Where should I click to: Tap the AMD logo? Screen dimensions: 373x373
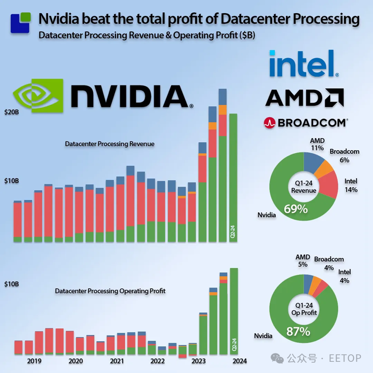[304, 97]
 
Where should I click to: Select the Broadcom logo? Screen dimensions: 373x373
[305, 123]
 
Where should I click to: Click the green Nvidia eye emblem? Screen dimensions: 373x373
[38, 96]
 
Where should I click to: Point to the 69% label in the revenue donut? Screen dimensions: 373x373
[296, 208]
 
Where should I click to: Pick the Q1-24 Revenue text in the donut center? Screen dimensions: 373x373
[303, 187]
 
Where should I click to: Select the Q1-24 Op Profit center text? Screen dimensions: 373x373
[304, 309]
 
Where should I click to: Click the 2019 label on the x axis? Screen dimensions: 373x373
[34, 361]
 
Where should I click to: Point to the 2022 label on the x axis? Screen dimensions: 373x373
[157, 361]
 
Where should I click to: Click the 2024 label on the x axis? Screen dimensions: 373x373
[240, 361]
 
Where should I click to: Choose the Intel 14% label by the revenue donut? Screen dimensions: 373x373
[351, 185]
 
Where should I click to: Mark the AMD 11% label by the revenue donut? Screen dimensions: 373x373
[317, 144]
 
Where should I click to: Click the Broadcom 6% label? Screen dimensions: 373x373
[344, 155]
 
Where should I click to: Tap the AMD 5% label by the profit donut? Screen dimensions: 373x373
[302, 261]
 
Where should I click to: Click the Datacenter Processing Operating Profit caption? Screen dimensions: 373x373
[110, 291]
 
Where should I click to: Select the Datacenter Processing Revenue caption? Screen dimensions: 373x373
[109, 144]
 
